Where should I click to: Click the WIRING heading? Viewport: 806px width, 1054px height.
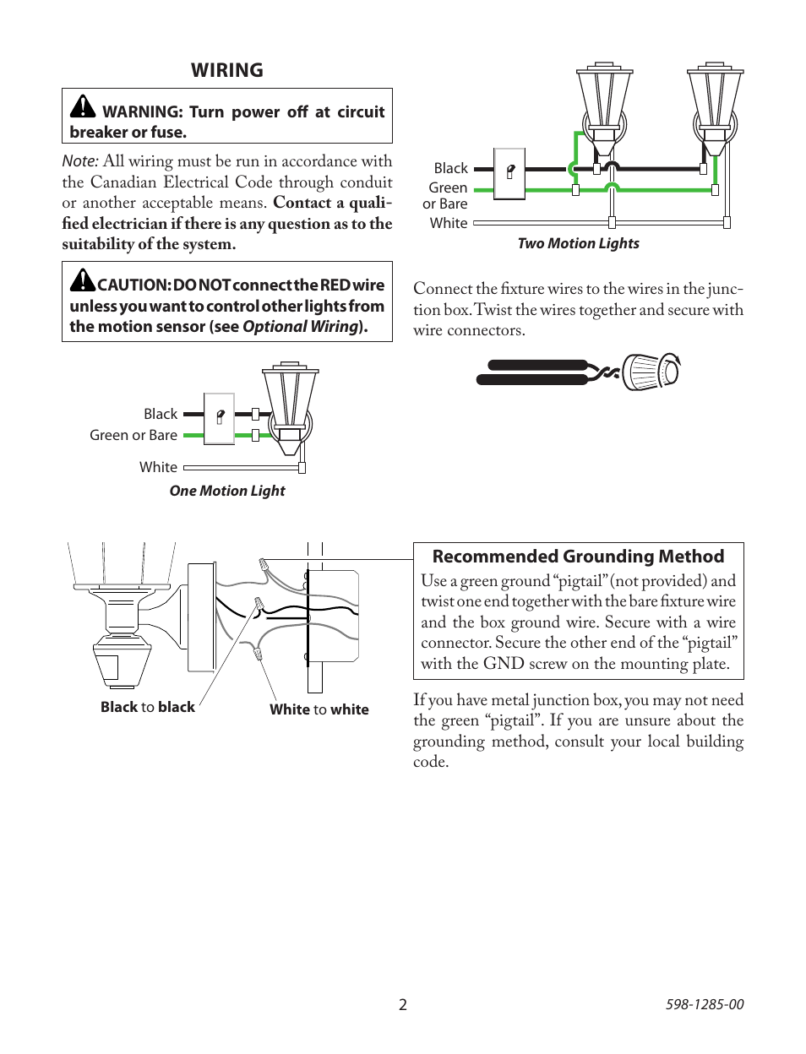[x=226, y=70]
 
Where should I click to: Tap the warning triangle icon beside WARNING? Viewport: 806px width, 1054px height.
[x=83, y=106]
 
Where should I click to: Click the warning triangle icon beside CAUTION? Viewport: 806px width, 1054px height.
[x=82, y=280]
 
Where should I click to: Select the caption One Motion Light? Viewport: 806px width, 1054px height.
[x=227, y=491]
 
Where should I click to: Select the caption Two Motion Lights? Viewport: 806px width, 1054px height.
[x=578, y=243]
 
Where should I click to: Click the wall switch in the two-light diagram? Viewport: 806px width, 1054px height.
[x=509, y=172]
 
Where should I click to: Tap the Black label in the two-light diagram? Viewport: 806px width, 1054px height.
[x=450, y=168]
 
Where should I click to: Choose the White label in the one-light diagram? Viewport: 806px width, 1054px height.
[x=158, y=467]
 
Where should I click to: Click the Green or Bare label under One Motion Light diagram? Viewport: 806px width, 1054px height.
[x=133, y=435]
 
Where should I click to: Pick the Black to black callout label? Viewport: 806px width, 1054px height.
[x=148, y=707]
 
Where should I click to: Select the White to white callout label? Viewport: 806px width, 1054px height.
[x=319, y=709]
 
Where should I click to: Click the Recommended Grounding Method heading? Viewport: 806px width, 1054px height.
[x=578, y=557]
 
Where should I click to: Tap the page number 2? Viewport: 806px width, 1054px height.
[x=403, y=1004]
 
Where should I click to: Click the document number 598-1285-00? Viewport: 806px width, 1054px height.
[x=705, y=1004]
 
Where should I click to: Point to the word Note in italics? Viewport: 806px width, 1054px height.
[x=79, y=161]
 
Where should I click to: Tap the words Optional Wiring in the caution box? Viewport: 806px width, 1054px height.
[x=300, y=327]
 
